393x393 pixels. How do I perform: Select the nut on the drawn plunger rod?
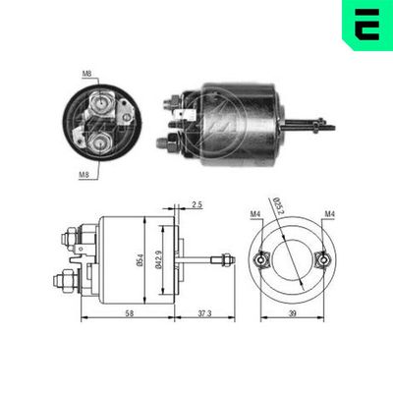pos(226,258)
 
